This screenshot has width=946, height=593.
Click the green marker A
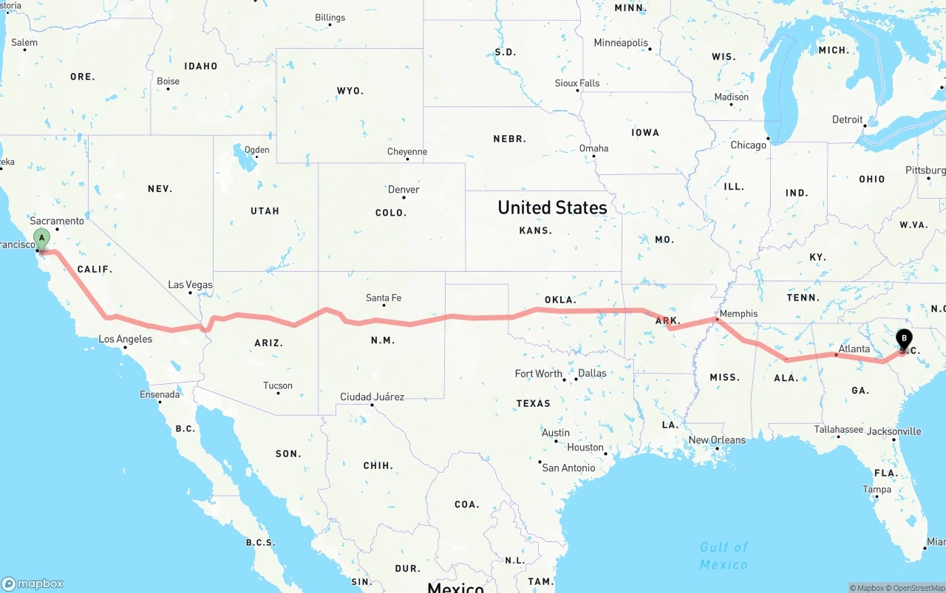point(42,239)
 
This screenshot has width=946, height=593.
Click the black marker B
point(903,339)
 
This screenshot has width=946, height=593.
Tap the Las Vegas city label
point(190,285)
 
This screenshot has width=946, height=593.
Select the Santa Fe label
point(384,298)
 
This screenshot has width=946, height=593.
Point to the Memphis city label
point(738,314)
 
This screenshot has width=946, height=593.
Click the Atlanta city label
point(854,349)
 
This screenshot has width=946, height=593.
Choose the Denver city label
point(404,190)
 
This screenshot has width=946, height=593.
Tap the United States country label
point(552,208)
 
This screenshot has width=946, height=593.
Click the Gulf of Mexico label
point(724,555)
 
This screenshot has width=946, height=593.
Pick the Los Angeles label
point(126,340)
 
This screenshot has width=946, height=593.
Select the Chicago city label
point(748,145)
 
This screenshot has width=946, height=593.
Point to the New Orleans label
point(717,440)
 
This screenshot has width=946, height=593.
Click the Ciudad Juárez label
point(372,397)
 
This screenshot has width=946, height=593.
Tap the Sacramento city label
point(57,221)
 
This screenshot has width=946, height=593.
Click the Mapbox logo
point(33,583)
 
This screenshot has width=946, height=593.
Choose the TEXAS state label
point(533,404)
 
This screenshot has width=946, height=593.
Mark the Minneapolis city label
point(620,43)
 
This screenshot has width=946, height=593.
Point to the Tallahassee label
point(838,429)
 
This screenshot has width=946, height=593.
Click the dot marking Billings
point(330,25)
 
